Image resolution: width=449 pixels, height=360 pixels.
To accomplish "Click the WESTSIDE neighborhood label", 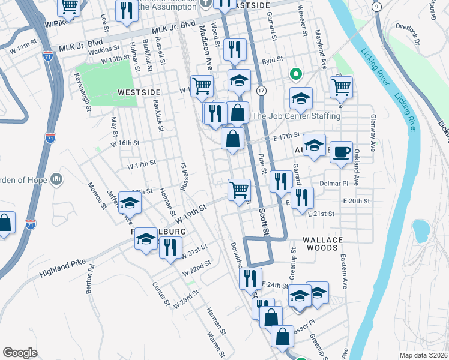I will (x=139, y=92).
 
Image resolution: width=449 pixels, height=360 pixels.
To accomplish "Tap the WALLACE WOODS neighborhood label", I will (x=322, y=240).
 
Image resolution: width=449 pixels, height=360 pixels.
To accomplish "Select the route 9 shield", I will (x=376, y=7).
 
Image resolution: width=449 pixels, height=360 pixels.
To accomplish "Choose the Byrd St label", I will (x=272, y=60).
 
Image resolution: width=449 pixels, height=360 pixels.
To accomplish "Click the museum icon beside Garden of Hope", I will (x=57, y=179).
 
